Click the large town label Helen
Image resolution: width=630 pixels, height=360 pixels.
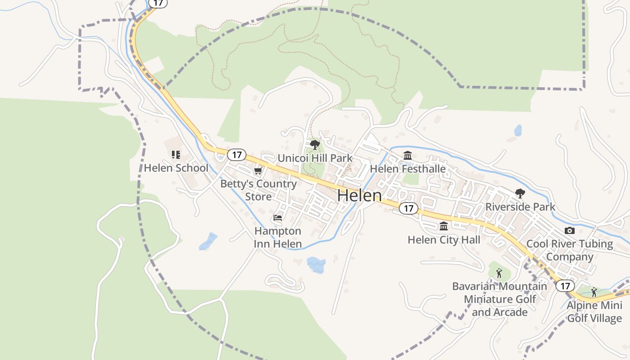[359, 195]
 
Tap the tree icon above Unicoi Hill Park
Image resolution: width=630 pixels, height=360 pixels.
[315, 145]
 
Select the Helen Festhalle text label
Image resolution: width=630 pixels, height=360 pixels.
[408, 169]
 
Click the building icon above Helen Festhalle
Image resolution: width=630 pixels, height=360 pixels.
[408, 156]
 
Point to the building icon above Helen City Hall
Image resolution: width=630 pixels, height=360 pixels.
[444, 226]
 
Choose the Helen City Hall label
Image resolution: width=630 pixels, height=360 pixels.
[444, 240]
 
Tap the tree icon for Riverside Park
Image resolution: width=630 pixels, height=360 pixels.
[520, 193]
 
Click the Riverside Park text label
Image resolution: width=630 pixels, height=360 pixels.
[520, 207]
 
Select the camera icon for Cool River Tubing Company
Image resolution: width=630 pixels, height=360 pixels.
[570, 230]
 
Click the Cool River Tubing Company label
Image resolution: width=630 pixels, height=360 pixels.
[570, 250]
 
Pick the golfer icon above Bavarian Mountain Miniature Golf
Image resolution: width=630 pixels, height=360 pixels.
[499, 273]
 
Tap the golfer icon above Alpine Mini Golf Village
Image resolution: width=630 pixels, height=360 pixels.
[594, 292]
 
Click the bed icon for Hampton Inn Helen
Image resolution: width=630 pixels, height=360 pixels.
[278, 218]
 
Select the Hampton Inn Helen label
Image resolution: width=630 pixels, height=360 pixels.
[278, 237]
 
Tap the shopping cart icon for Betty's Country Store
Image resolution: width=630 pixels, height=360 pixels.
[258, 171]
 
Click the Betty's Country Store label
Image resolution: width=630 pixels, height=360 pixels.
[258, 190]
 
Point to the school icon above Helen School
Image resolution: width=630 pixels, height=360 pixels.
[176, 155]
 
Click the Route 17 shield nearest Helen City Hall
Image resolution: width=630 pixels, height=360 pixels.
[408, 208]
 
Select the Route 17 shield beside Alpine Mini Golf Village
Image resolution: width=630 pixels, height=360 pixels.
[565, 286]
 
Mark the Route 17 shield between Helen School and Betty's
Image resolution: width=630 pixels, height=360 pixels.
[237, 155]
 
